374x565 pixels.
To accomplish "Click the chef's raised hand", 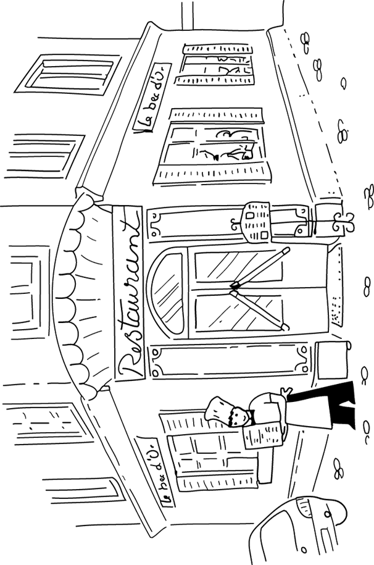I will (285, 393).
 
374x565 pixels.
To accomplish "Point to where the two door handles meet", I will (234, 285).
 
